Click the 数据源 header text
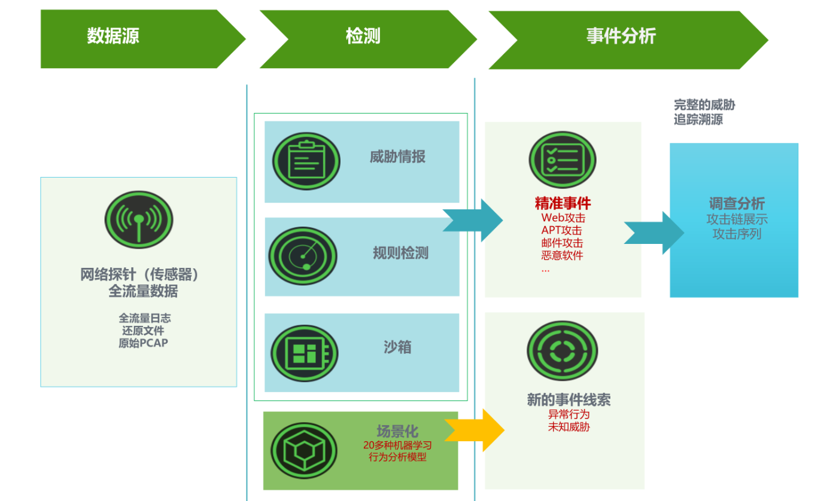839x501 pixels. click(113, 36)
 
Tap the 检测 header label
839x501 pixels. click(363, 36)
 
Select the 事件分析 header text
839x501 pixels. click(621, 36)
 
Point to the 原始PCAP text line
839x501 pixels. click(143, 343)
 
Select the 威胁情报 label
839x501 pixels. click(397, 157)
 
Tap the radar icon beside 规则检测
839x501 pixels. click(303, 256)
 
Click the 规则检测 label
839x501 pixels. click(400, 253)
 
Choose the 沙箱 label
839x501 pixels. click(397, 347)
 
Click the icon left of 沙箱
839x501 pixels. click(304, 350)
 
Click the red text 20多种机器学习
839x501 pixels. click(397, 445)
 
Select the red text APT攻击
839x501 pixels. click(561, 230)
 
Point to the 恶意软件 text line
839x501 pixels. click(562, 255)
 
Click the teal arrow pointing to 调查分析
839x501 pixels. click(653, 232)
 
